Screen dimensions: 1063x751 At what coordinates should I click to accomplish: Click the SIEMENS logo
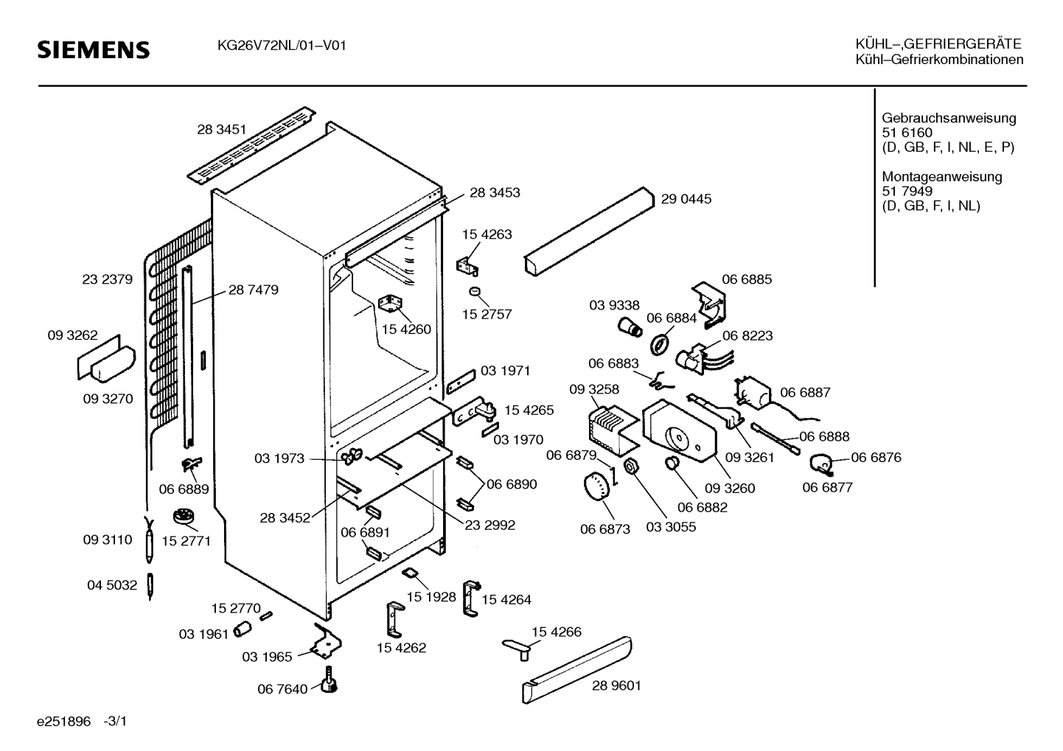[x=94, y=50]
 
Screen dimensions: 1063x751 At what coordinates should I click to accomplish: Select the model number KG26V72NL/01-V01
[x=282, y=46]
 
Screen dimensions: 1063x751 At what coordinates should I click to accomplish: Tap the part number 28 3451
[x=222, y=130]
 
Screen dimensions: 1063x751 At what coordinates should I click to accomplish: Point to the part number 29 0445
[x=686, y=199]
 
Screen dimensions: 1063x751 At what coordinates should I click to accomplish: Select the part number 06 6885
[x=747, y=279]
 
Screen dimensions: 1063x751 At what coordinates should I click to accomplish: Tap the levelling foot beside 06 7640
[x=330, y=680]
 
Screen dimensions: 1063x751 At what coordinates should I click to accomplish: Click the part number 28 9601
[x=616, y=685]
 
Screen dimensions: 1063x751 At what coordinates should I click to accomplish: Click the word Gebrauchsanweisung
[x=949, y=118]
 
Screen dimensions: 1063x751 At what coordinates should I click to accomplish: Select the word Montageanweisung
[x=942, y=176]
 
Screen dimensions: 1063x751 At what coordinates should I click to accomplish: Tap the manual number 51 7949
[x=907, y=191]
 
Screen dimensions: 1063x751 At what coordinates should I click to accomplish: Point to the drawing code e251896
[x=63, y=722]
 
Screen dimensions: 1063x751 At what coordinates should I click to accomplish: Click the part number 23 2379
[x=107, y=279]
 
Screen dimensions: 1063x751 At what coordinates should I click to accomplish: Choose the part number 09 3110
[x=108, y=540]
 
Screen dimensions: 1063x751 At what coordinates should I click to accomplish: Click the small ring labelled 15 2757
[x=475, y=291]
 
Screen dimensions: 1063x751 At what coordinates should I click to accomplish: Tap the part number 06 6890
[x=512, y=484]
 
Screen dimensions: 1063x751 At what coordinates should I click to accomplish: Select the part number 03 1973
[x=279, y=458]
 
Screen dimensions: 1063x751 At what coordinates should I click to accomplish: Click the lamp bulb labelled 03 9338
[x=630, y=328]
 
